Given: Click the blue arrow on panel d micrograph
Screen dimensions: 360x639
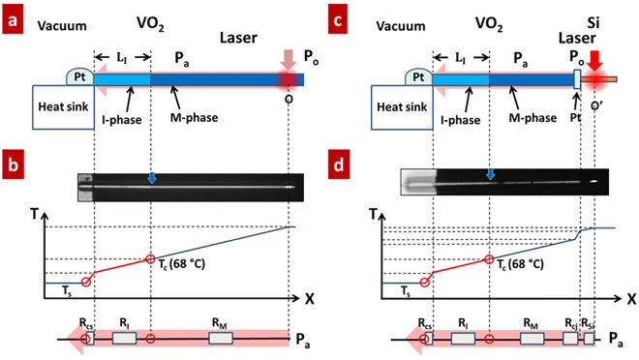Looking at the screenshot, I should click(x=490, y=175).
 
